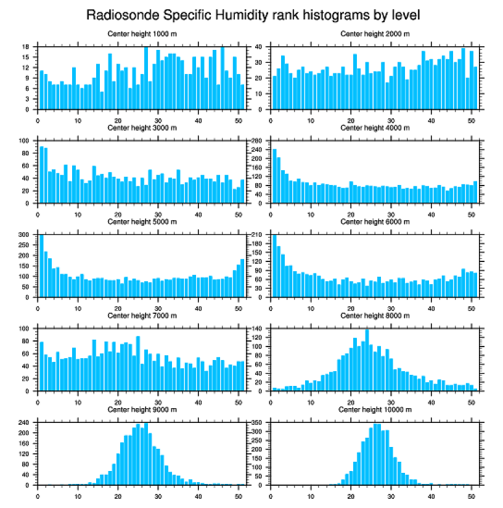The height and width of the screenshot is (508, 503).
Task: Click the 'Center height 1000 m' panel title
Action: pyautogui.click(x=142, y=33)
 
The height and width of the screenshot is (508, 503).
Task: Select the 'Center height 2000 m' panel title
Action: pyautogui.click(x=375, y=33)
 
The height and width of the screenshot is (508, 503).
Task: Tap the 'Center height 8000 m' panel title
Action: pyautogui.click(x=375, y=316)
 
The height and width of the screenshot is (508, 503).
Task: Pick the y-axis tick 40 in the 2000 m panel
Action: pyautogui.click(x=260, y=47)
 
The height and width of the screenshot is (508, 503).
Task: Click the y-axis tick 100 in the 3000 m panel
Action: pyautogui.click(x=26, y=141)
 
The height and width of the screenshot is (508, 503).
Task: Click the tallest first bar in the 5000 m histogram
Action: pyautogui.click(x=42, y=266)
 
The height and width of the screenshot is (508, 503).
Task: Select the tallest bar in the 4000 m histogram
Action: pyautogui.click(x=274, y=176)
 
